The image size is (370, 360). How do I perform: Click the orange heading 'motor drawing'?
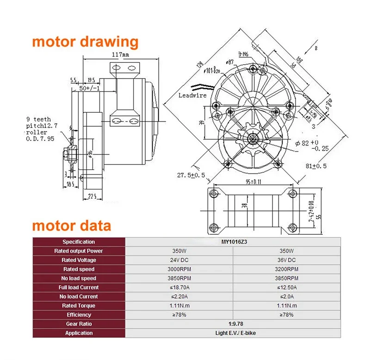(x=85, y=42)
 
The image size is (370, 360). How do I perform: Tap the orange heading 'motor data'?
(x=71, y=226)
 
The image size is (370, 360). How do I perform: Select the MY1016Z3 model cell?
(x=234, y=242)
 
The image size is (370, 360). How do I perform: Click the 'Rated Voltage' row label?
(x=79, y=260)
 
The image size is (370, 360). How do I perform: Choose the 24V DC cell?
(x=180, y=260)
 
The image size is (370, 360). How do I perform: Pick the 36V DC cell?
(x=287, y=260)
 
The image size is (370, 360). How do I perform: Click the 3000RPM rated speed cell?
(x=180, y=269)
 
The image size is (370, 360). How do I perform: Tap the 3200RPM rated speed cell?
(x=287, y=269)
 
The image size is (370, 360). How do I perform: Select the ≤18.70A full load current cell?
(x=180, y=287)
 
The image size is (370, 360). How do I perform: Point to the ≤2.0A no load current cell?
(x=287, y=297)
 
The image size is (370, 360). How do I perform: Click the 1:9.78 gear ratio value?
(x=234, y=324)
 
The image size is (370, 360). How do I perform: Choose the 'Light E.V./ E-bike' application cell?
(x=234, y=333)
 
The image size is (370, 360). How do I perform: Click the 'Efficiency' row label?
(x=79, y=315)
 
